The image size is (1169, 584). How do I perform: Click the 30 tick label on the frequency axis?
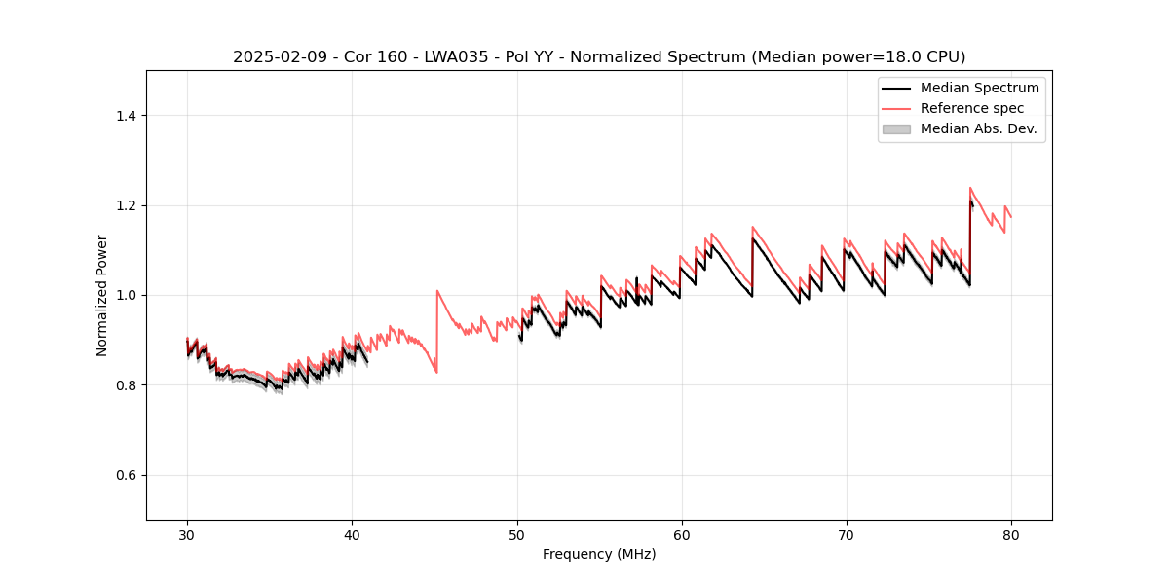(x=187, y=534)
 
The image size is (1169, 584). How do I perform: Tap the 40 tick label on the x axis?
(x=352, y=534)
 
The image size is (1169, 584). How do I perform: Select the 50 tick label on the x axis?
(x=516, y=534)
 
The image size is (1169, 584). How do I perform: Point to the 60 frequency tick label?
(x=681, y=534)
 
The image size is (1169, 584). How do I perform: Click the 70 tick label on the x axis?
(x=846, y=534)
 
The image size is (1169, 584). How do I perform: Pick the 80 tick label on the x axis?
(x=1010, y=534)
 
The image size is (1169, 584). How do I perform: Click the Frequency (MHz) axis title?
(x=599, y=554)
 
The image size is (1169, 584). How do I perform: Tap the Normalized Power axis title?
(x=102, y=295)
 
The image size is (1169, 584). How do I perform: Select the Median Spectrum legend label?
(x=979, y=88)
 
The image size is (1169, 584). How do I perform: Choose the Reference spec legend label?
(x=972, y=108)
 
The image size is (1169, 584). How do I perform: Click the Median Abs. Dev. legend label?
(x=979, y=128)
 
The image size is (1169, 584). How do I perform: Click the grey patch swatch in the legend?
(x=896, y=128)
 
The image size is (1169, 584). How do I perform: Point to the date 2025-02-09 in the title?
(x=275, y=57)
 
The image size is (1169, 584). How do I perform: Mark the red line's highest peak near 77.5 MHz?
(x=970, y=188)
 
